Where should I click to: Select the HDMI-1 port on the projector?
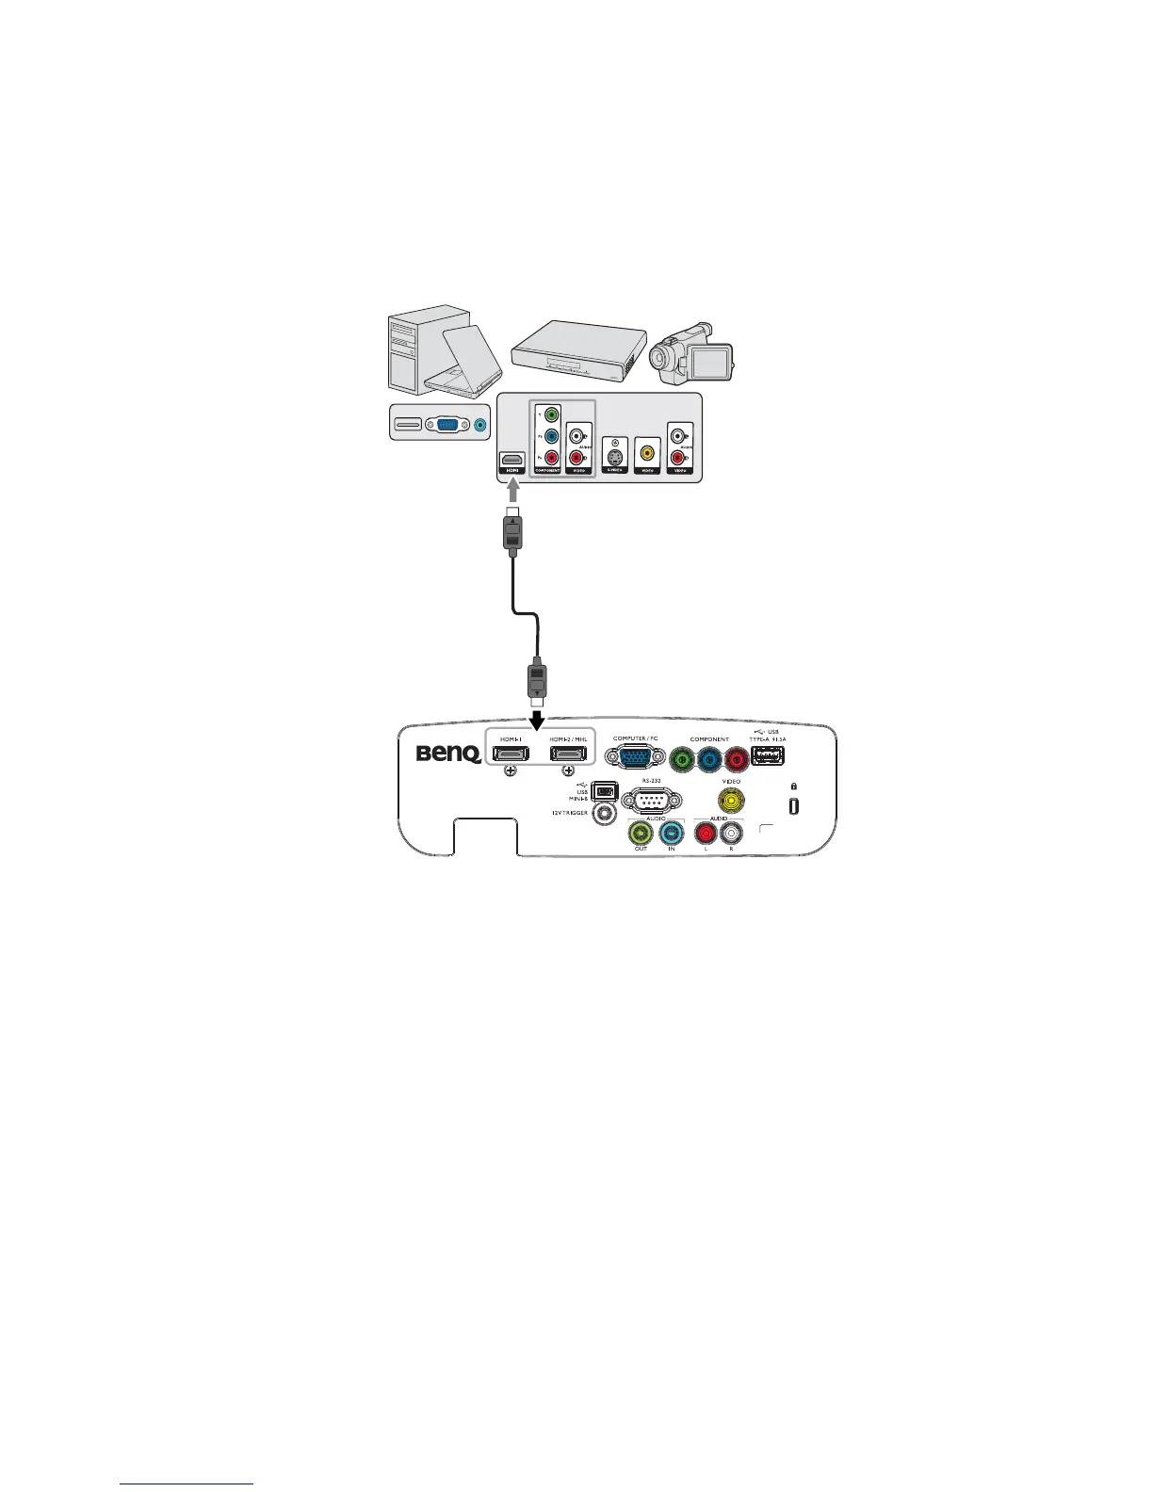tap(510, 754)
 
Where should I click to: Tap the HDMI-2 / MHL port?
tap(569, 754)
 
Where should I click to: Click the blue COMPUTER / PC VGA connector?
tap(633, 759)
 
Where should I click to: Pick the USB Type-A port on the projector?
tap(769, 755)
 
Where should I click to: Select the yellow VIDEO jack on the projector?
tap(731, 801)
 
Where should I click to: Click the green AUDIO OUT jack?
tap(641, 833)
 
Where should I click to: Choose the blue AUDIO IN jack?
tap(672, 833)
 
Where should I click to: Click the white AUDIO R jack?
tap(731, 833)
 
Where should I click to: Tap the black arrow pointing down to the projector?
tap(537, 720)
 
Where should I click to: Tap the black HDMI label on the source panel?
tap(512, 468)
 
